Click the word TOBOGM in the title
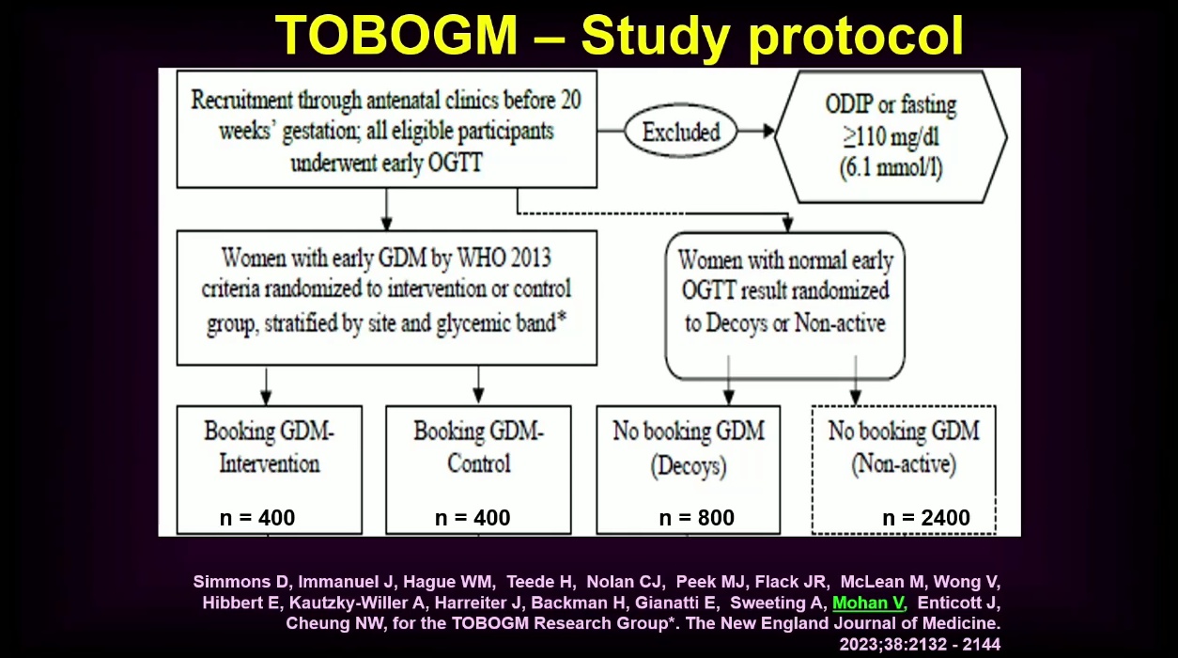point(396,35)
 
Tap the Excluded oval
point(681,131)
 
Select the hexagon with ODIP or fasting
point(891,137)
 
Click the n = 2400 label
point(926,518)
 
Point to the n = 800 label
point(696,518)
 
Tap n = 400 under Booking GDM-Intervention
point(257,518)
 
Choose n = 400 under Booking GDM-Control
point(473,518)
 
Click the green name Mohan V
point(868,603)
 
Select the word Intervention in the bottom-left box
point(270,463)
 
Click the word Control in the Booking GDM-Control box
point(478,463)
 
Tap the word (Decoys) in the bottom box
point(689,466)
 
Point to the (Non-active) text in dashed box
point(904,464)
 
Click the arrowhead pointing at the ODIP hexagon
point(768,131)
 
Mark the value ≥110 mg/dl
point(891,137)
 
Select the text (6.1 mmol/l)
point(891,168)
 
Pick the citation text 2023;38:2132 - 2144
point(920,644)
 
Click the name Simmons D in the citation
point(240,582)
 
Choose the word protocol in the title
point(857,36)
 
